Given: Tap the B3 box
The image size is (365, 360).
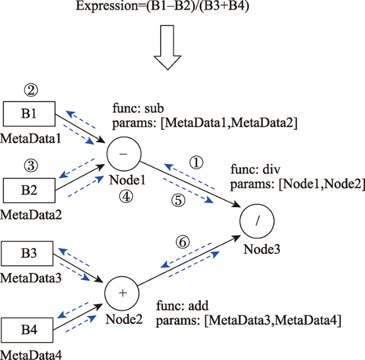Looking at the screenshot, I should (29, 254).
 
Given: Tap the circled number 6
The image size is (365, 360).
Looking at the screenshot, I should (182, 242).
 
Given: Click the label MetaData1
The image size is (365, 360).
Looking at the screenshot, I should (29, 138).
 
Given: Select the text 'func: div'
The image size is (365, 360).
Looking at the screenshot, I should (254, 169).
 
